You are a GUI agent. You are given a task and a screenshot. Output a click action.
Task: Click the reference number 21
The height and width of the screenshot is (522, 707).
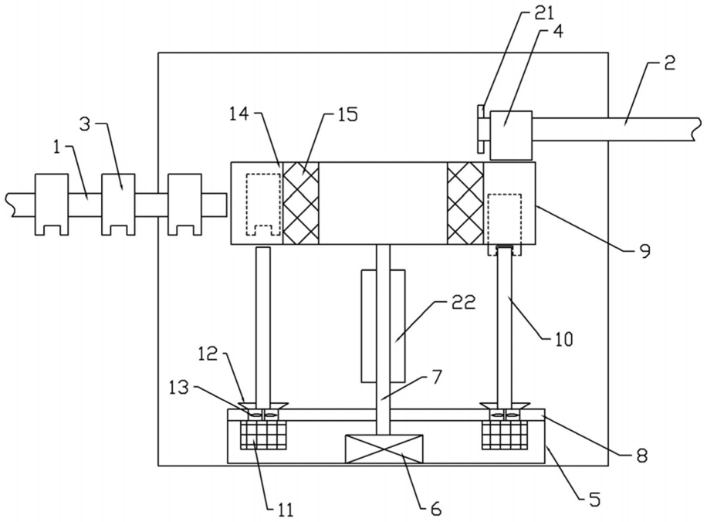point(544,14)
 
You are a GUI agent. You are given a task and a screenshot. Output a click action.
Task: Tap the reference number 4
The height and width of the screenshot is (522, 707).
point(558,33)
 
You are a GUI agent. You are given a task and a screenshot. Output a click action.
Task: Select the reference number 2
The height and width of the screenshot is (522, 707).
point(670,63)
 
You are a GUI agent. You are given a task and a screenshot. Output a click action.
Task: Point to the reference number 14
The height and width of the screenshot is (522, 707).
point(238,114)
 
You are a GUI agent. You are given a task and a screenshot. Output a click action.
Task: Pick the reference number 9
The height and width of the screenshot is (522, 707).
point(645,251)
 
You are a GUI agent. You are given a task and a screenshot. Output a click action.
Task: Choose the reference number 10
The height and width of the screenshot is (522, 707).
point(563,338)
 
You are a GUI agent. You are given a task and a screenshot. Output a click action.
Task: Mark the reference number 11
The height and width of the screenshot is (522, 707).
point(285,510)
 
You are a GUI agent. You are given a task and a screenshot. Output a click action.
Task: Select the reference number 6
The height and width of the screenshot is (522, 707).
point(435,509)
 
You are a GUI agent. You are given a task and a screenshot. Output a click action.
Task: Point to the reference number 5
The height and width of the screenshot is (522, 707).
point(594,499)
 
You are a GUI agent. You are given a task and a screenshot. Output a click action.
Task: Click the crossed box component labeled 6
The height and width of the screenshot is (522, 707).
point(384,449)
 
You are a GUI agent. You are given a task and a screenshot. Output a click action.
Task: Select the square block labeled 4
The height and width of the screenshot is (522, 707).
point(511,135)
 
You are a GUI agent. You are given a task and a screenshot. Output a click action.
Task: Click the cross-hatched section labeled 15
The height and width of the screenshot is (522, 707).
point(301,203)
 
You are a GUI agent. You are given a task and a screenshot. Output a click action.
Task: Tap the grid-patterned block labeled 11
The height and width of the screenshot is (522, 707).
point(263,436)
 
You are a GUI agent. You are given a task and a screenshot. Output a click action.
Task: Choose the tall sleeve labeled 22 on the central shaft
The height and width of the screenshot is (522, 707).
point(383,326)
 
